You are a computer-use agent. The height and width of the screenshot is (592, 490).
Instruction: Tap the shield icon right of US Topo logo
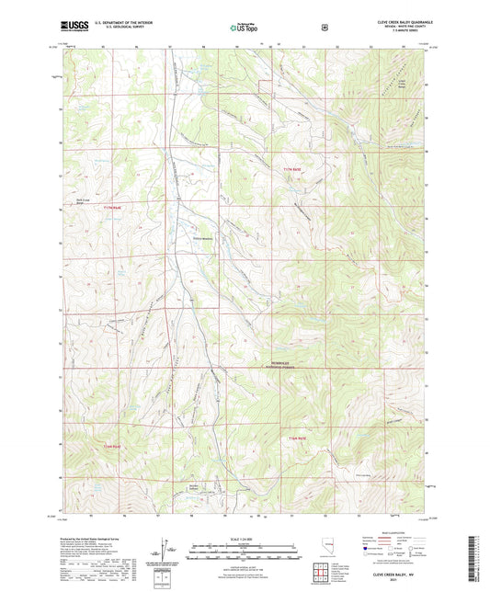[x=324, y=25]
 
